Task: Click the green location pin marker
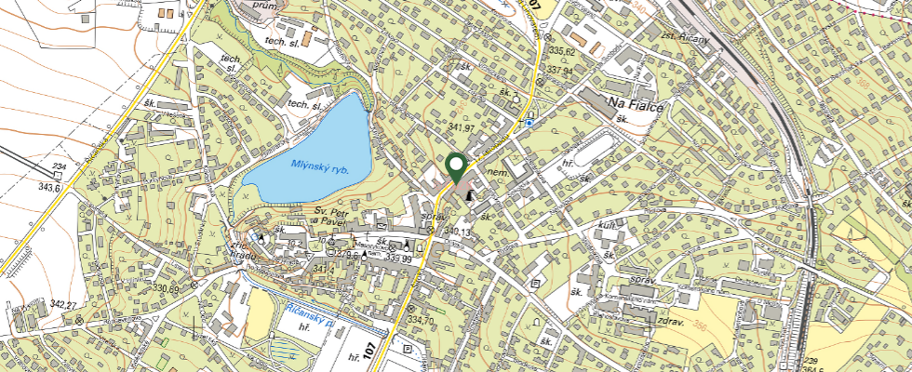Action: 456,167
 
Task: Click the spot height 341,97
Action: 462,127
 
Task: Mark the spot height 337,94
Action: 560,70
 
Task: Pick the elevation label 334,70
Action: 421,321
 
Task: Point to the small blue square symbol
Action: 529,122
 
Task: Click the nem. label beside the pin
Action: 495,173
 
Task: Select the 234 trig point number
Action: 59,166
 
